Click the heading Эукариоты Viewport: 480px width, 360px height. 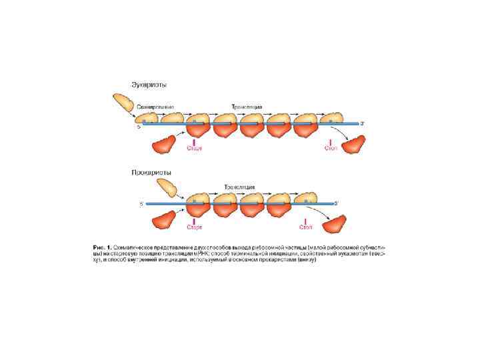tap(148, 85)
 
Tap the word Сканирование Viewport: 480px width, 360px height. tap(155, 107)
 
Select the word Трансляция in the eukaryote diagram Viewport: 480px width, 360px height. tap(247, 107)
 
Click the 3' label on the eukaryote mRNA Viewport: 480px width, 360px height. tap(363, 123)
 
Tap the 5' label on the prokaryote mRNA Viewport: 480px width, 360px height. tap(141, 203)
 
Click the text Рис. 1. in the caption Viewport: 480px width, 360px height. tap(102, 247)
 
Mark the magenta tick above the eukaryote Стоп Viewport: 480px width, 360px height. tap(331, 141)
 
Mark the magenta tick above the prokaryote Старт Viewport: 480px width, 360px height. tap(194, 220)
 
